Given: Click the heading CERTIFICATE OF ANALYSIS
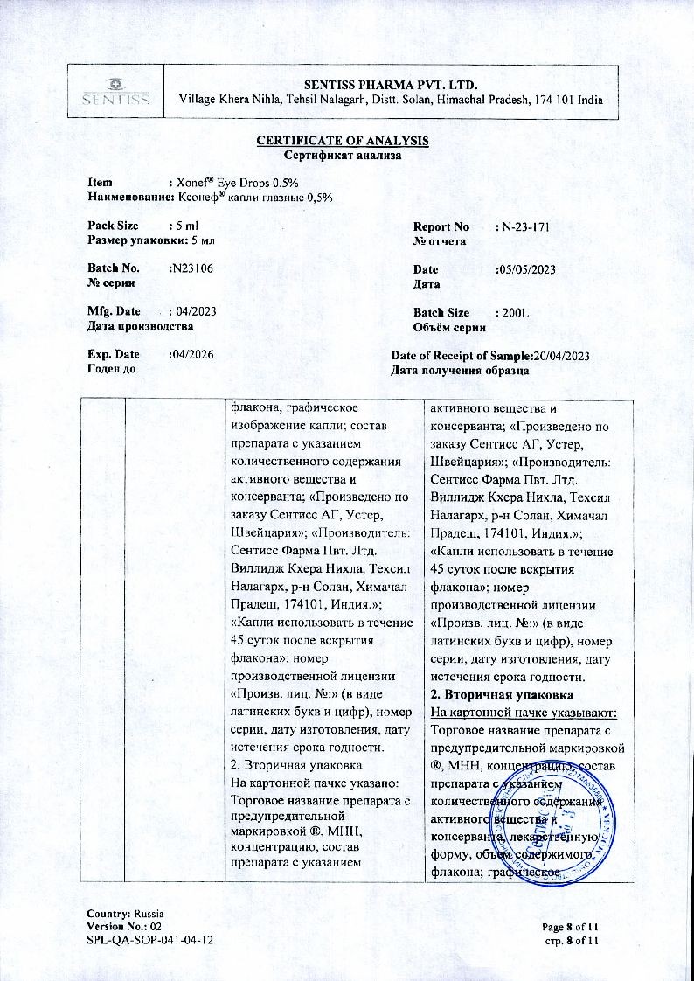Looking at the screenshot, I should click(343, 142).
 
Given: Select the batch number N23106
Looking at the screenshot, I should click(191, 269).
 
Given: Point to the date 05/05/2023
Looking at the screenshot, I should click(525, 269).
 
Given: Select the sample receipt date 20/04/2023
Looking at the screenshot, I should click(563, 355).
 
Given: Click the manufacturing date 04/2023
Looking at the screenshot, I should click(194, 312).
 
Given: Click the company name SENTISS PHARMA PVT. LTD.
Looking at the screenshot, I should click(391, 84).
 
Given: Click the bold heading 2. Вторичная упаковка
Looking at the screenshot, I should click(503, 695).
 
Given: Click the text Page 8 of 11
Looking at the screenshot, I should click(570, 926).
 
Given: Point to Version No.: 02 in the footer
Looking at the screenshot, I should click(124, 926).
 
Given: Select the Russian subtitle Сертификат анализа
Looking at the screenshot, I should click(343, 156).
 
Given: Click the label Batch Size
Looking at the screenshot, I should click(441, 312).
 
